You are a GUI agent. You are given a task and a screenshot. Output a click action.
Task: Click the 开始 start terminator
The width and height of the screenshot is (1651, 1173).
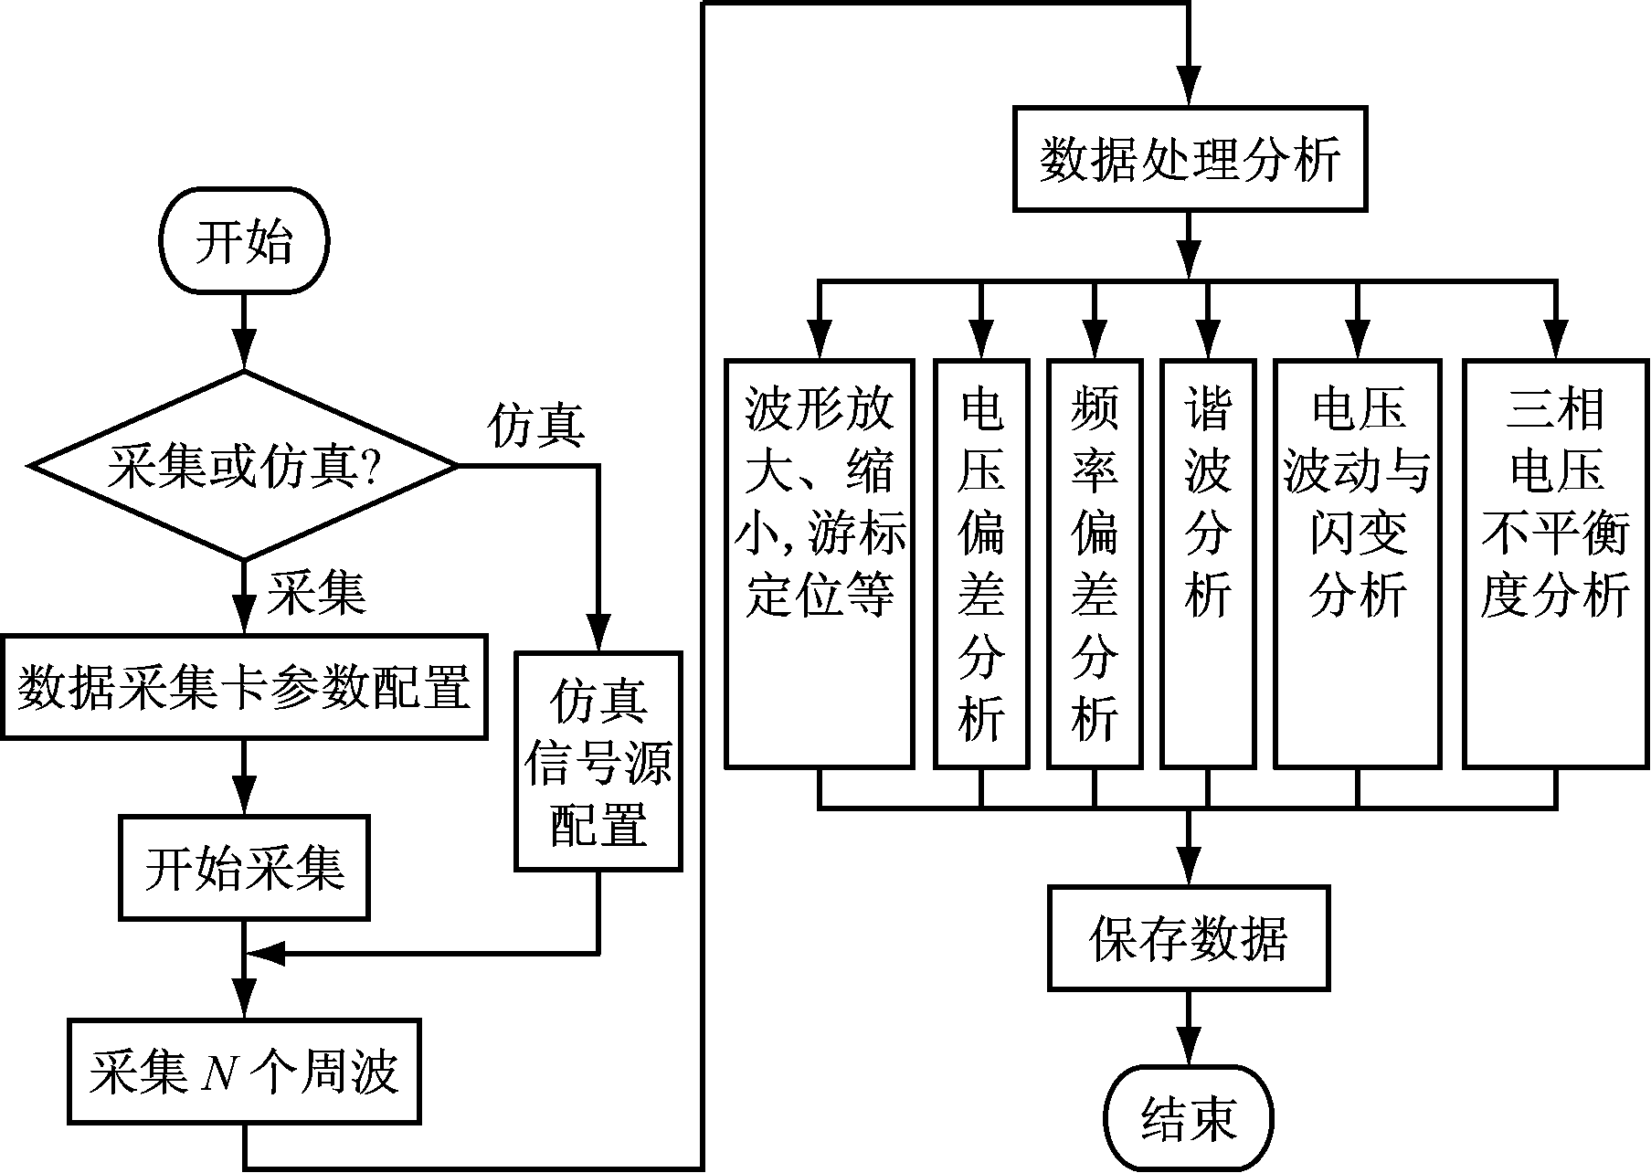click(244, 242)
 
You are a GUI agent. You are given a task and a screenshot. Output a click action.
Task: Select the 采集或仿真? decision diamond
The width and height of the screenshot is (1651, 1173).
click(244, 466)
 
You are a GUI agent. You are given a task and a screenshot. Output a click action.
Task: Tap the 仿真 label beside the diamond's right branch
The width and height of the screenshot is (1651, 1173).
click(536, 425)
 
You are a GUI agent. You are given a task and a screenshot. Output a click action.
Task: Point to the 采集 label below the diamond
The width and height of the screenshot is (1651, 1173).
click(316, 594)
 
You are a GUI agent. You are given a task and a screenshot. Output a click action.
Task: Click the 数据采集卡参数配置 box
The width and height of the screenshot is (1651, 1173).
click(244, 686)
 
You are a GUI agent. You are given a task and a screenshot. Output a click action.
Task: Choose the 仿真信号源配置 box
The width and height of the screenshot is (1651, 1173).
click(598, 760)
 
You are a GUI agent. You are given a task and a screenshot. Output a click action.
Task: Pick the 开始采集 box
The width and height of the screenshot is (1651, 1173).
click(244, 868)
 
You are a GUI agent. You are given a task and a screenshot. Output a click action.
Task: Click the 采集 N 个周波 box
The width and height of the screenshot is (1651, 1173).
click(244, 1071)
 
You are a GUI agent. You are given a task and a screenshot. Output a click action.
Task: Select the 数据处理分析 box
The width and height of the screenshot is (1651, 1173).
click(1190, 160)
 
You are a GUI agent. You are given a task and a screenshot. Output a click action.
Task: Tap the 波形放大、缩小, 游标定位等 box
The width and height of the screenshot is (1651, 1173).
click(820, 563)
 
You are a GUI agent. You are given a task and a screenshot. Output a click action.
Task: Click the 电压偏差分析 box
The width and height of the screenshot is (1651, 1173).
click(981, 563)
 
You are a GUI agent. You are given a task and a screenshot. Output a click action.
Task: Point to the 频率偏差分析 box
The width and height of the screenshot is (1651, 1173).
click(1095, 563)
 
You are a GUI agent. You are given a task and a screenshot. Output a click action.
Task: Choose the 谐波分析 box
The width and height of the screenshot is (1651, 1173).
click(1208, 563)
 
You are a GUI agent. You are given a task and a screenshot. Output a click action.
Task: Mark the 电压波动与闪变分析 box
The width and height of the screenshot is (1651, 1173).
click(1357, 563)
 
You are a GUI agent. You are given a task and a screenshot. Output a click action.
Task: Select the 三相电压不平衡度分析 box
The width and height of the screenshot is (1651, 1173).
click(1555, 563)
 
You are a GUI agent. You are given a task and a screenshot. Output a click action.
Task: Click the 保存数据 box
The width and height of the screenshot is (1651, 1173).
click(1189, 937)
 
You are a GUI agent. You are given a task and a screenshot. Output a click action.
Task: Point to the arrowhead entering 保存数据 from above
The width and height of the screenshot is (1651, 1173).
click(1189, 868)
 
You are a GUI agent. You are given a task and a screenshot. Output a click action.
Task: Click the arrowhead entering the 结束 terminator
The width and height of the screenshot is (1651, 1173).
click(1189, 1049)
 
